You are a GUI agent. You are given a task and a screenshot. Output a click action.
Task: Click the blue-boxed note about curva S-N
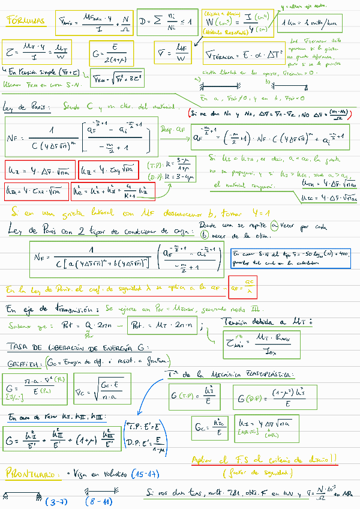tap(290, 257)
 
